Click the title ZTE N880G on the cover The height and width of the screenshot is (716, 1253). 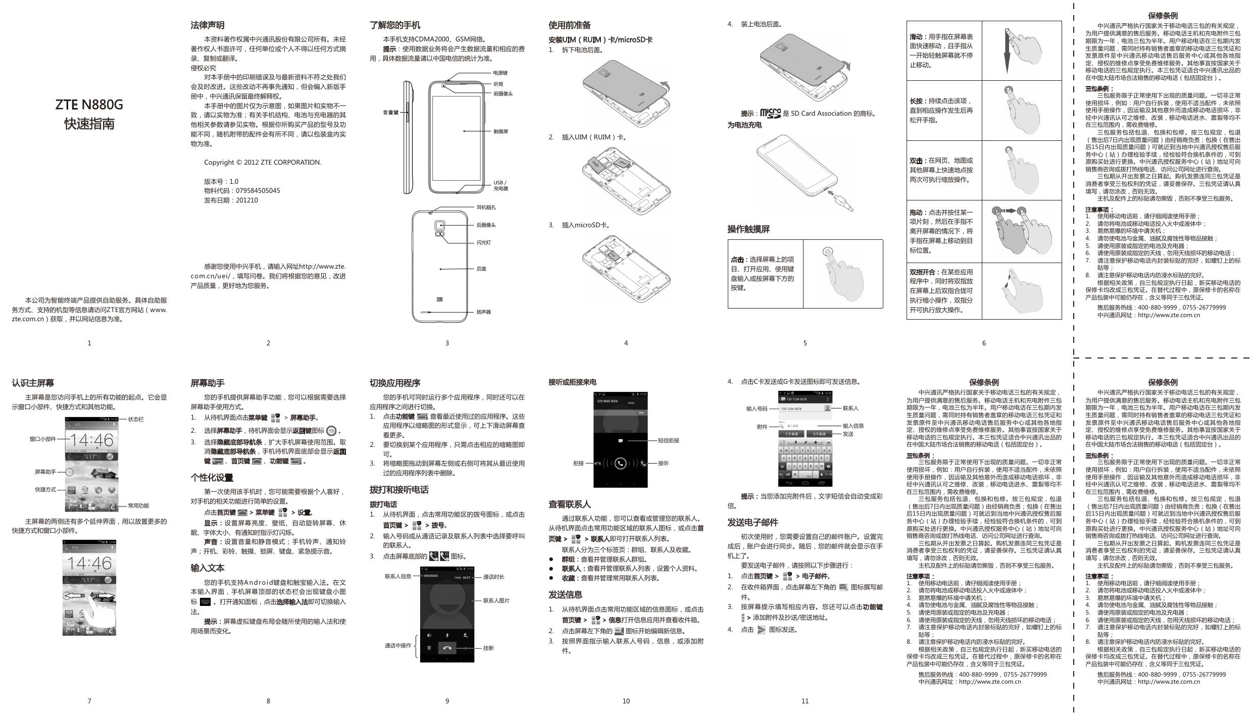pos(89,105)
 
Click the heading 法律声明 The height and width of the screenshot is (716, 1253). pos(207,25)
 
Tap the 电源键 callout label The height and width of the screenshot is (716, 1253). pos(500,73)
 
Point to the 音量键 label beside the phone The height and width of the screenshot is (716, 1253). pos(390,113)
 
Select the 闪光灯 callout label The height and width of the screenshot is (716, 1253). pos(483,243)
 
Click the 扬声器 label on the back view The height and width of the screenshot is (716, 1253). pos(483,312)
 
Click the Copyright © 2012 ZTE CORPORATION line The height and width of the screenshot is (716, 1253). pos(263,163)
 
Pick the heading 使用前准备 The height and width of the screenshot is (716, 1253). pos(569,25)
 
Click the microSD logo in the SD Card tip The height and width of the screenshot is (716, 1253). pos(770,113)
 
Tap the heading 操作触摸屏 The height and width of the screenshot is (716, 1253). pos(748,229)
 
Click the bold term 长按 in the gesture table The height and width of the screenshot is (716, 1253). pos(916,101)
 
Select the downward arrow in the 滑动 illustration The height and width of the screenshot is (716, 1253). pos(1007,50)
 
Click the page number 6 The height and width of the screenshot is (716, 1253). pos(984,343)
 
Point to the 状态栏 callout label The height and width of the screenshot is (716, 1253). pos(136,419)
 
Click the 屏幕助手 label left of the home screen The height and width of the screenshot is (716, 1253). pos(45,472)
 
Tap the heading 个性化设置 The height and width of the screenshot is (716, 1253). pos(212,478)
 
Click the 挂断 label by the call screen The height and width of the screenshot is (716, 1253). pos(488,648)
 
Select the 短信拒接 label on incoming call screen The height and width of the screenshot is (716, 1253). pos(668,440)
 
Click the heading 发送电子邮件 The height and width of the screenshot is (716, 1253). pos(753,523)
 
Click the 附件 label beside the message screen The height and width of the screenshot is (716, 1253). pos(762,427)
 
